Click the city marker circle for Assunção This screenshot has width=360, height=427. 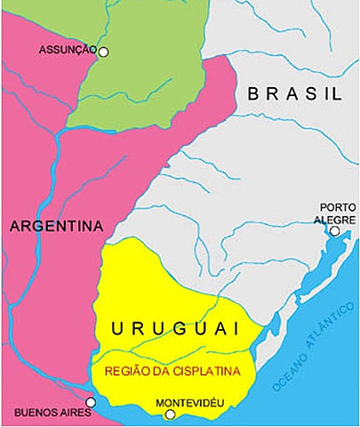103,52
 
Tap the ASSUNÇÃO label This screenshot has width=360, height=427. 67,51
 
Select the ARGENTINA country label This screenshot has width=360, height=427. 57,225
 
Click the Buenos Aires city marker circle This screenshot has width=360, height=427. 91,402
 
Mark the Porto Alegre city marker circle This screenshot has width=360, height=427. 334,231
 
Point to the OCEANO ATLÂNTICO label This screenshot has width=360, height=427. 311,349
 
